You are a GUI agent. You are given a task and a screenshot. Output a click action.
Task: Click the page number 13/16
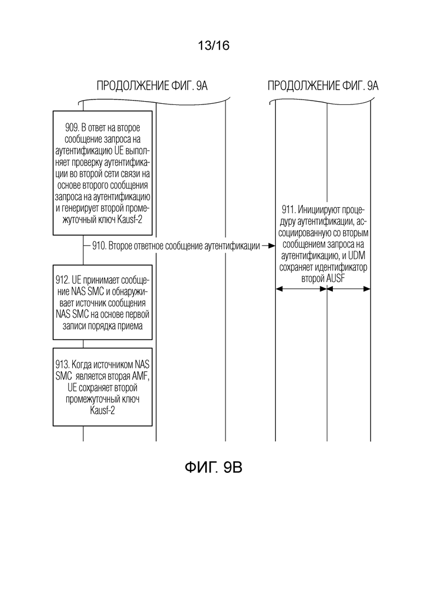(x=214, y=45)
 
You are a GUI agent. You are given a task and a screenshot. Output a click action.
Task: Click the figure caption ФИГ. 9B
(x=214, y=467)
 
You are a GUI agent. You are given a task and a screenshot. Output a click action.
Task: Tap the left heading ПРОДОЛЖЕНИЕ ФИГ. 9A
(x=152, y=85)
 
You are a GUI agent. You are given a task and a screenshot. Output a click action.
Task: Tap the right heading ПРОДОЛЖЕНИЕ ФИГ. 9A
(x=323, y=85)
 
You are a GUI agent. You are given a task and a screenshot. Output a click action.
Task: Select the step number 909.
(x=72, y=127)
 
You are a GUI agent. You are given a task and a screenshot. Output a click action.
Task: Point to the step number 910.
(x=99, y=245)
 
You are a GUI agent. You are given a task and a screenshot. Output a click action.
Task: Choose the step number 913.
(x=63, y=364)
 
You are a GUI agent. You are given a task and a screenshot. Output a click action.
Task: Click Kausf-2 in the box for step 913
(x=102, y=411)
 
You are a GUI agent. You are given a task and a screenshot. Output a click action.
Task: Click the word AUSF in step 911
(x=336, y=278)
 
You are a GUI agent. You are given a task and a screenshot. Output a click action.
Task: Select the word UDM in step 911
(x=357, y=255)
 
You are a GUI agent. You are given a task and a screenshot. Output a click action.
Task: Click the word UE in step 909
(x=119, y=150)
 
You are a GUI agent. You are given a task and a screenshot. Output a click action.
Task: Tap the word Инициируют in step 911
(x=319, y=210)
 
